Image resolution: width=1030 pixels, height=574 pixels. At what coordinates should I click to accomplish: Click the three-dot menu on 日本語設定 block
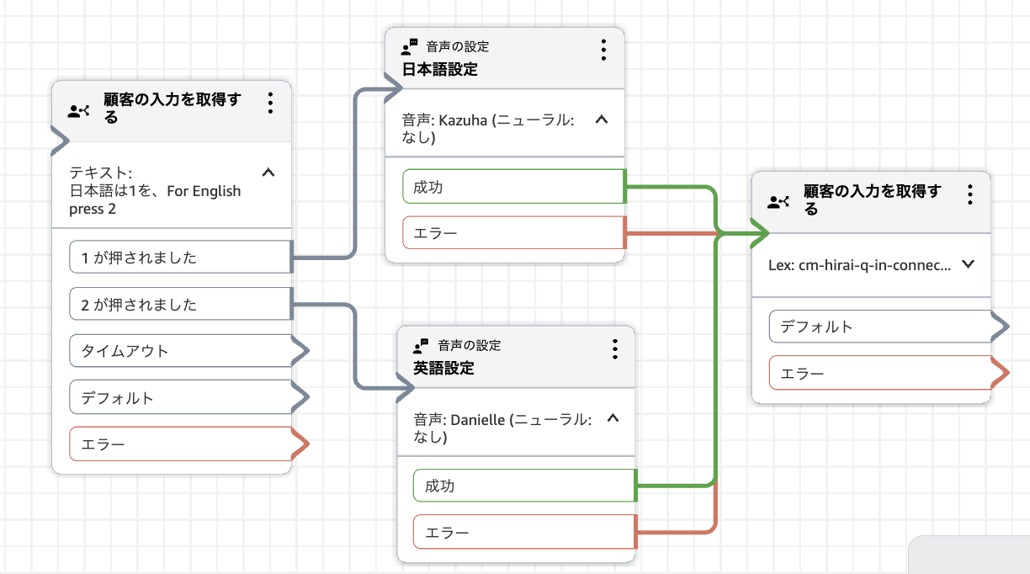tap(603, 50)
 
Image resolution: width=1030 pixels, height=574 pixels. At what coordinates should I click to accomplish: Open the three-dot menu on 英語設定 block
tap(615, 348)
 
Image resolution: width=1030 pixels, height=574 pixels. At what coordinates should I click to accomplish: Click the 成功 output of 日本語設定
tap(512, 187)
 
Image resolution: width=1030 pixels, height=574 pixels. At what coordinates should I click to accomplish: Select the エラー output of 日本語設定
tap(512, 233)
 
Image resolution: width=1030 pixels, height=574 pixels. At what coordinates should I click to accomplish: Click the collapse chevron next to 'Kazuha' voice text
tap(601, 120)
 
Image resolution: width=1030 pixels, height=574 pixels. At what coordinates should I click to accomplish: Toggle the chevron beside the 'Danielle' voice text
tap(613, 418)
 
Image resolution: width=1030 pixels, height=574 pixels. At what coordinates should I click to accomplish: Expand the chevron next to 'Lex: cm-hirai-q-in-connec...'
tap(968, 264)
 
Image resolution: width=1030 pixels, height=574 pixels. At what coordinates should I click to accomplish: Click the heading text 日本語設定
tap(440, 70)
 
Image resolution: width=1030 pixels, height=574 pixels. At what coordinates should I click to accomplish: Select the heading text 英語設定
tap(444, 369)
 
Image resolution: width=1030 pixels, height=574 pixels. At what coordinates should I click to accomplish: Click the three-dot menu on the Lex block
tap(969, 194)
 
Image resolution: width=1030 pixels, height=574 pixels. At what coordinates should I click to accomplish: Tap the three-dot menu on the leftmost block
tap(270, 103)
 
